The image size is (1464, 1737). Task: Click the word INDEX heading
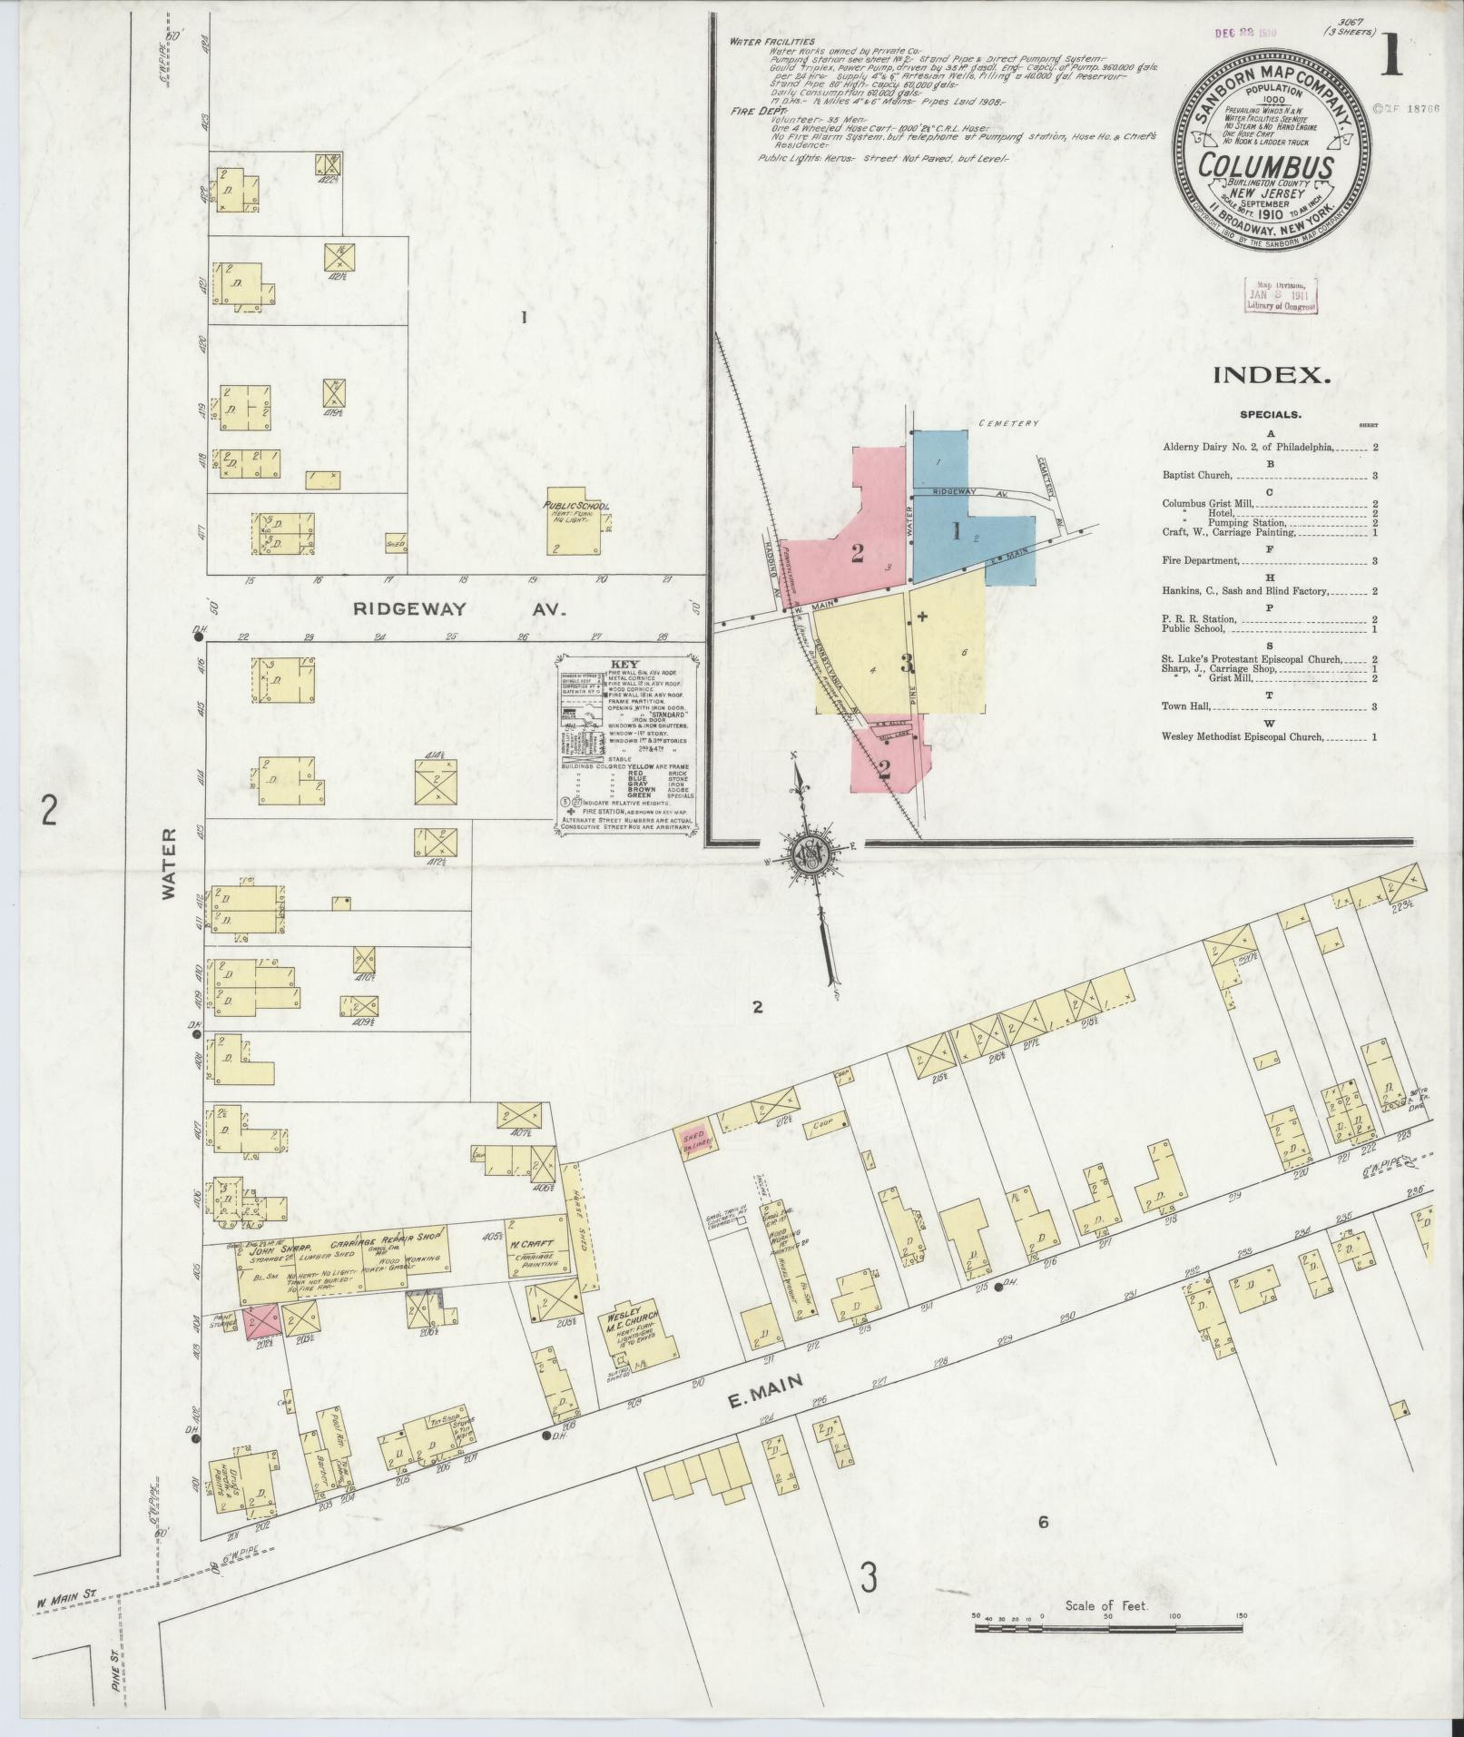[1271, 375]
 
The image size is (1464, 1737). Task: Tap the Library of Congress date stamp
[1282, 295]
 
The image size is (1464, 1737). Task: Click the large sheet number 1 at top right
[1391, 59]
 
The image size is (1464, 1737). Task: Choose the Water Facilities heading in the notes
[771, 41]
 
